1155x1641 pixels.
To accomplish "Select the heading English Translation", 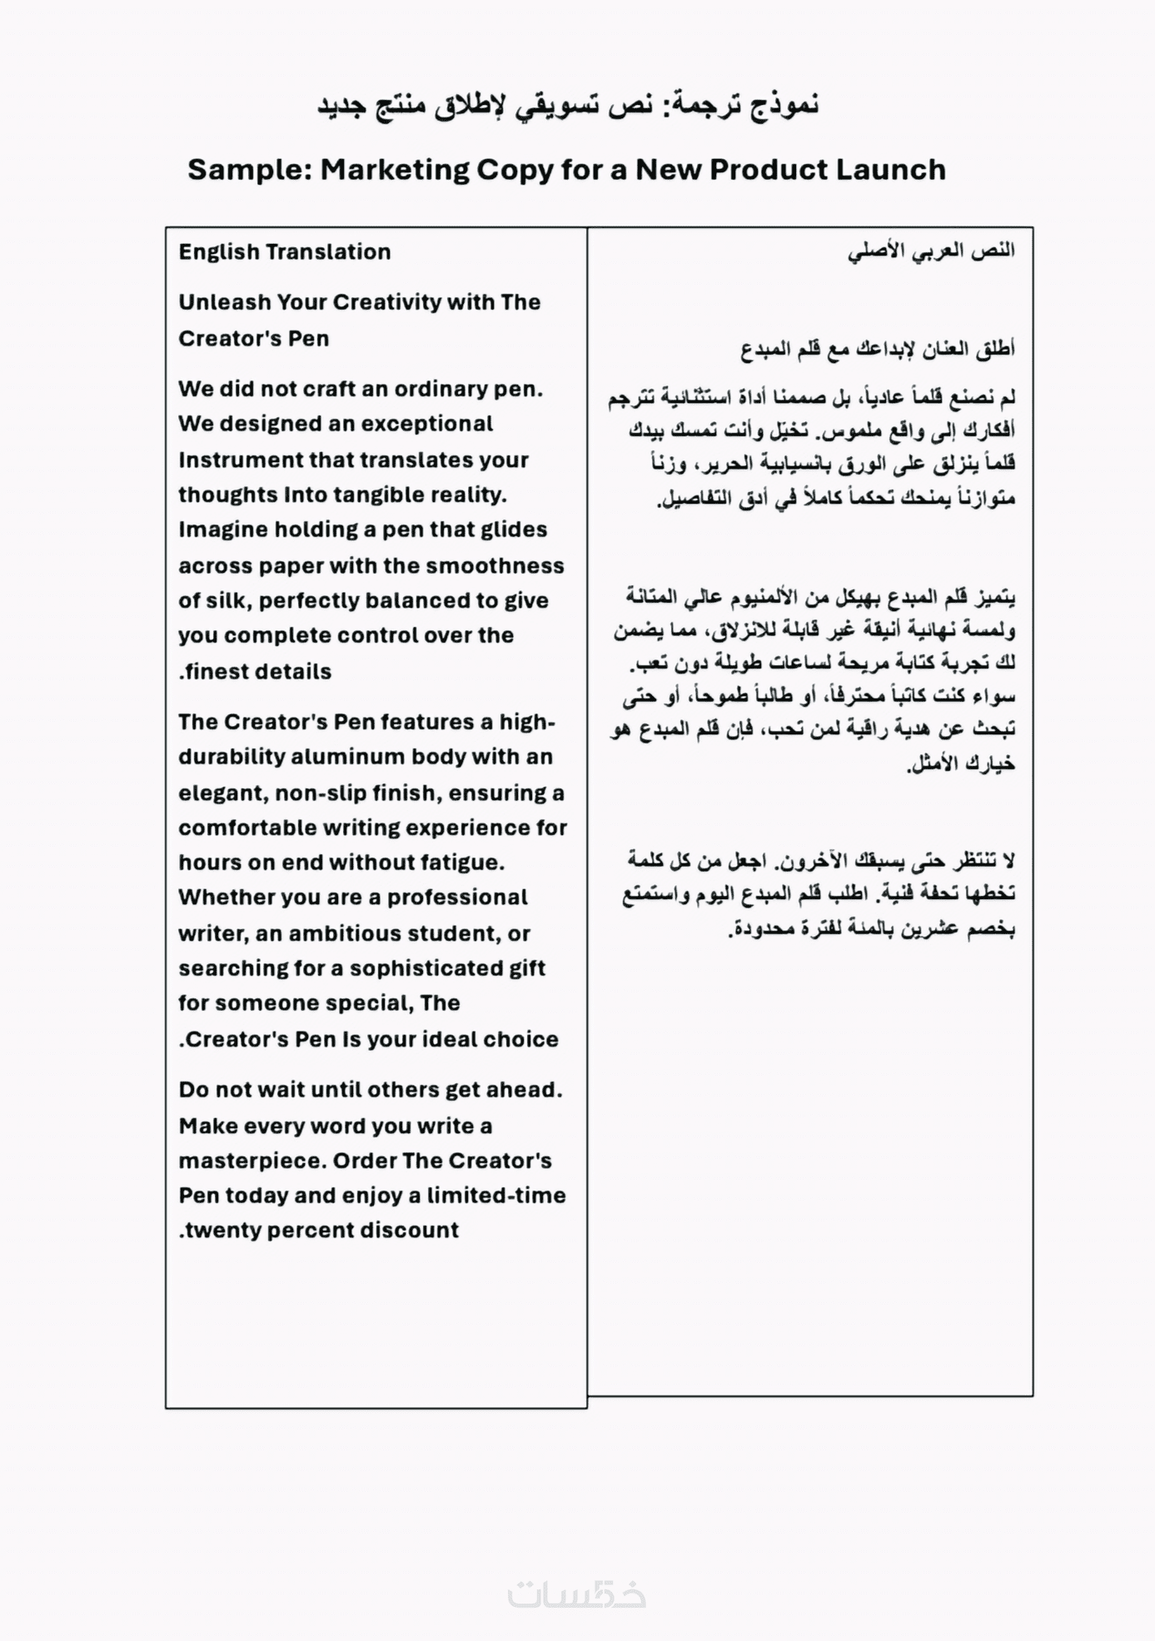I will [284, 251].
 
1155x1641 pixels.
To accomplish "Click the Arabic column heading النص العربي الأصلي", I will [931, 251].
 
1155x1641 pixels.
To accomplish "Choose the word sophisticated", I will [426, 968].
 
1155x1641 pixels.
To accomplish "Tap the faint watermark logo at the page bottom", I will [576, 1594].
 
